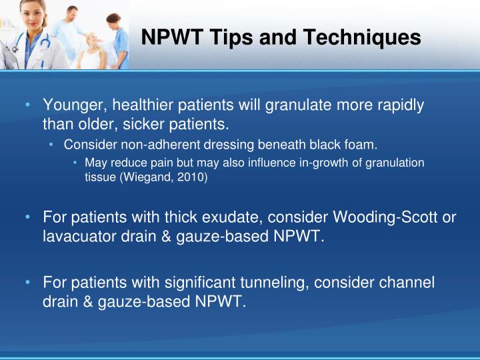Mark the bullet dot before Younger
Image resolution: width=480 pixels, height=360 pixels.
coord(27,105)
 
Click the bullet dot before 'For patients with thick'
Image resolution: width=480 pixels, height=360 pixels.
coord(27,217)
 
